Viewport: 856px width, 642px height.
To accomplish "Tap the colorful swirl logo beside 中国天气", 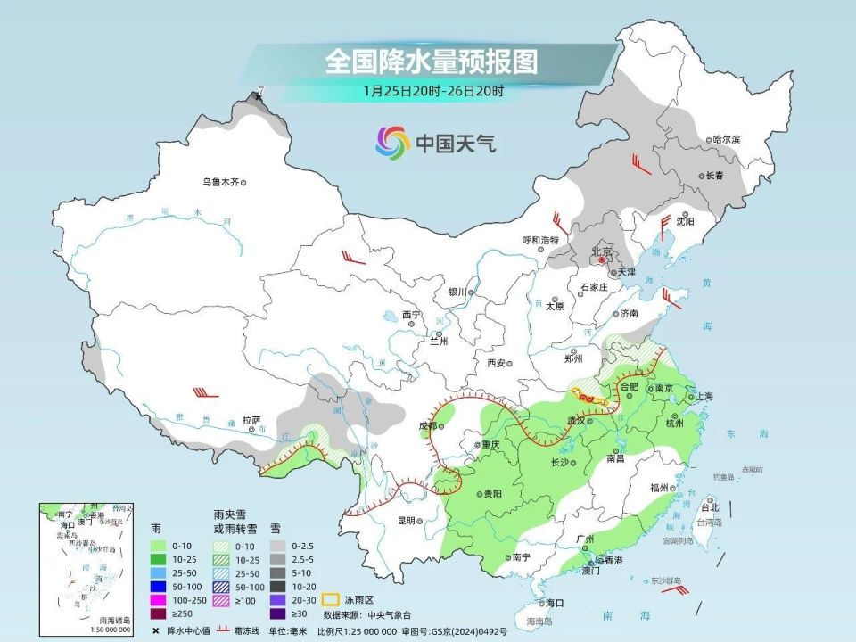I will coord(392,141).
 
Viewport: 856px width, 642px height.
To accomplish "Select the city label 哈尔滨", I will coord(728,140).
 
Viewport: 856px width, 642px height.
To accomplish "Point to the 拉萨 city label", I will coord(251,419).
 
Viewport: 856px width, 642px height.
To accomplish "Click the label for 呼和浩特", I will coord(539,240).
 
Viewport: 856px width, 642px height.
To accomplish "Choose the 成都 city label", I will coord(426,426).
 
